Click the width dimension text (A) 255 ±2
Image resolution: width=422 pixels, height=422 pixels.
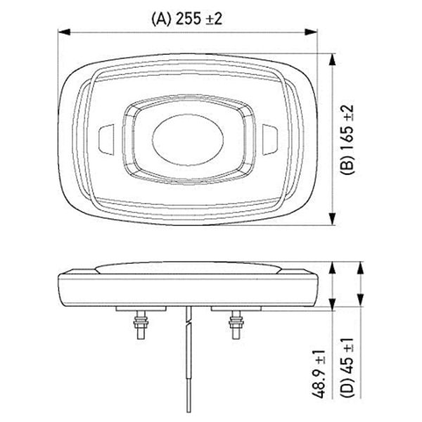(187, 19)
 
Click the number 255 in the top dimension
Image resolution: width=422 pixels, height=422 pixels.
(190, 19)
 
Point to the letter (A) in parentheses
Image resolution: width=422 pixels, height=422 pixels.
(160, 19)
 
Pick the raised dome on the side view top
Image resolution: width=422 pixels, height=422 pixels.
(187, 266)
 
